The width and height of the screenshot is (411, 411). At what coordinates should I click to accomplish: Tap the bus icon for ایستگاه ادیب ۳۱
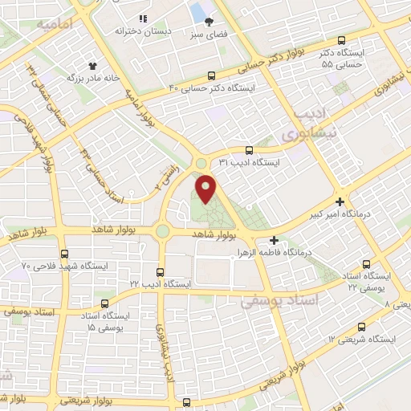[249, 149]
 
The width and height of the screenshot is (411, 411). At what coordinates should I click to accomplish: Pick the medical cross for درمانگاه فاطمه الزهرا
[275, 240]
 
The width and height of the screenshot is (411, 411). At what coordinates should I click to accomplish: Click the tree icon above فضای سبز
[210, 22]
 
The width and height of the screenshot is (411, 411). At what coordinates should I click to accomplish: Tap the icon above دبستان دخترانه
[143, 18]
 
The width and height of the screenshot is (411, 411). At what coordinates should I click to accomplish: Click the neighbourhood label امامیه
[55, 26]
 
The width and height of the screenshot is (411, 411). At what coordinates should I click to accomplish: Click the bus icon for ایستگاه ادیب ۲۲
[161, 272]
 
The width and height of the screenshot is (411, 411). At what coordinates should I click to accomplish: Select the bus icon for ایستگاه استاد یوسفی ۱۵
[105, 303]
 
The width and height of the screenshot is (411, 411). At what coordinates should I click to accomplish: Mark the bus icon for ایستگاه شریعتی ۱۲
[362, 327]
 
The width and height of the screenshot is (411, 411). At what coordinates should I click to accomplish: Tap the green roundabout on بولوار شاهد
[163, 232]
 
